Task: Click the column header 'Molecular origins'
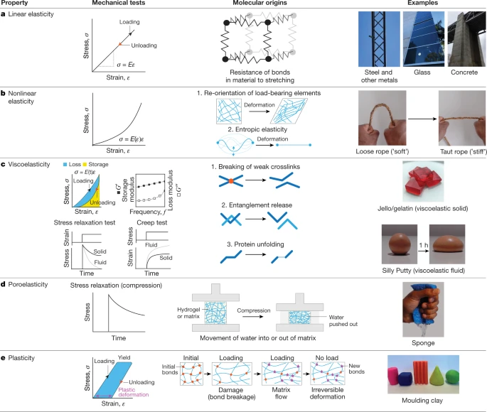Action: [259, 3]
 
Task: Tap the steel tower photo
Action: [379, 39]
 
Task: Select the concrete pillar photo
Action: [466, 39]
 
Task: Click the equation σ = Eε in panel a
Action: [126, 65]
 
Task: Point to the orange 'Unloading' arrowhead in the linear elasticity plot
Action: [120, 45]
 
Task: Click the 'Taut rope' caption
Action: [463, 152]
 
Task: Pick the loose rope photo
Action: [382, 118]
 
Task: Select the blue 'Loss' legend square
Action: [65, 164]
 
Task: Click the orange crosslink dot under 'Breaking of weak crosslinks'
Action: [231, 181]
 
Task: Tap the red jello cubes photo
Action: [423, 181]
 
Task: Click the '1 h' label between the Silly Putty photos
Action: [423, 245]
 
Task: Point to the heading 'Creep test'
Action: [152, 222]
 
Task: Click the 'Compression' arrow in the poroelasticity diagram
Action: [253, 316]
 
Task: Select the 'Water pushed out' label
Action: [343, 321]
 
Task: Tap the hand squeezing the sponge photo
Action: [423, 309]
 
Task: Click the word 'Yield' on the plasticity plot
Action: [124, 357]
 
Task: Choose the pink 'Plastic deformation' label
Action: [134, 392]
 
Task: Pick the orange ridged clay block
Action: [421, 372]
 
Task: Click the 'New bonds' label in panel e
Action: [357, 369]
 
